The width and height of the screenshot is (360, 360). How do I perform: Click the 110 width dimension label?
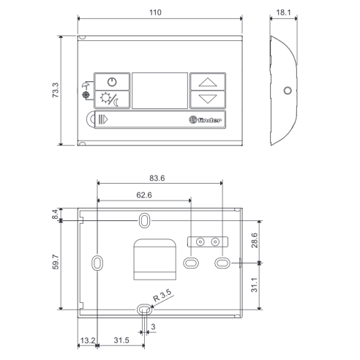tap(155, 12)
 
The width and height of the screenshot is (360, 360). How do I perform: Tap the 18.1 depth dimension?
tap(283, 12)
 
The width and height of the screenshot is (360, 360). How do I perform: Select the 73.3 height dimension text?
tap(56, 90)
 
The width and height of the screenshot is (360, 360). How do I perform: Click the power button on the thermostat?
tap(112, 82)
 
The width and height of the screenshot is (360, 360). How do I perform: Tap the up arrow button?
tap(208, 82)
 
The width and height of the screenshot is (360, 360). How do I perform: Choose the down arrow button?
tap(208, 99)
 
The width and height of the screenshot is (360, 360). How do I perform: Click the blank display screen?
tap(160, 91)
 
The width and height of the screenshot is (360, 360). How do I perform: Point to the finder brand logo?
tap(205, 120)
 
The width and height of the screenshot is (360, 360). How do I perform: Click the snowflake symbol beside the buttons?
tap(86, 95)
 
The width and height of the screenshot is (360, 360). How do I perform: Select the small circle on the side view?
tap(288, 91)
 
